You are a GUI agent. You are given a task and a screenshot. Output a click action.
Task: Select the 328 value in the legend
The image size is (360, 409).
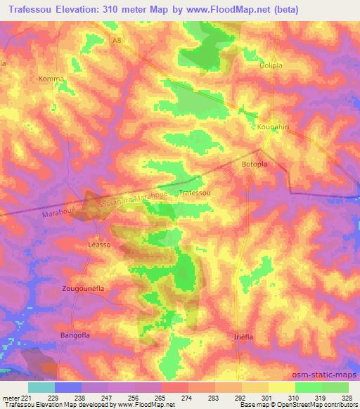click(x=347, y=398)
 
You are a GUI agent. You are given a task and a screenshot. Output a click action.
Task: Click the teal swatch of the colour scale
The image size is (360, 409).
click(x=41, y=387)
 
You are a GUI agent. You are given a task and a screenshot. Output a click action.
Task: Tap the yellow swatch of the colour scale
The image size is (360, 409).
click(x=282, y=387)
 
